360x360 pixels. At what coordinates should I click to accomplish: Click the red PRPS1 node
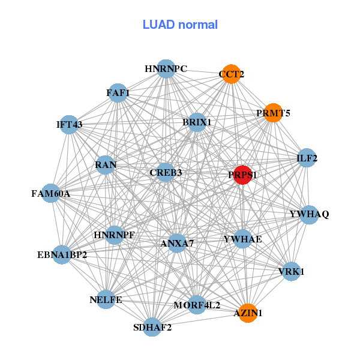(x=242, y=175)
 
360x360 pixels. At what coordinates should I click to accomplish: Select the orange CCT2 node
(x=232, y=74)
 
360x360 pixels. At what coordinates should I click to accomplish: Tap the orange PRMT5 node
(x=273, y=113)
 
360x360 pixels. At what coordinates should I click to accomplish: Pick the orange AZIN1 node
(x=248, y=313)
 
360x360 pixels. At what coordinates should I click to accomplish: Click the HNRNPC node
(x=166, y=69)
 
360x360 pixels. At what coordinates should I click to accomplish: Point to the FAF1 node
(x=118, y=92)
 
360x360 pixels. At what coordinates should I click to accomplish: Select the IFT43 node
(x=70, y=125)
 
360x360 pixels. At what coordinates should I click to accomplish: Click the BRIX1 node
(x=197, y=122)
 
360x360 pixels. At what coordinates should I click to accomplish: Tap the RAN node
(x=106, y=164)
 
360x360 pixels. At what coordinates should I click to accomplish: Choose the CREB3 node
(x=166, y=173)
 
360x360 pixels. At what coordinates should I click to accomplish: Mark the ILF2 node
(x=307, y=158)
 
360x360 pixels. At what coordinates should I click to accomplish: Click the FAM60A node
(x=51, y=194)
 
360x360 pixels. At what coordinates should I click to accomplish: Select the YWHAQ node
(x=309, y=214)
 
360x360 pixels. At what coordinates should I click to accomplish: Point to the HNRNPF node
(x=114, y=235)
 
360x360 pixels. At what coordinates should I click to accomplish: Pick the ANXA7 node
(x=177, y=243)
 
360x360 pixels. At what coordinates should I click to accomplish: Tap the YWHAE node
(x=242, y=239)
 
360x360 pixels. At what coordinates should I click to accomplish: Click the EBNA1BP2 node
(x=62, y=255)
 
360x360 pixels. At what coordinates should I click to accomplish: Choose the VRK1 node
(x=292, y=271)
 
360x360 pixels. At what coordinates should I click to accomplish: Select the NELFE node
(x=106, y=299)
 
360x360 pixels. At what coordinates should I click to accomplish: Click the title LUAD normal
(x=180, y=25)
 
